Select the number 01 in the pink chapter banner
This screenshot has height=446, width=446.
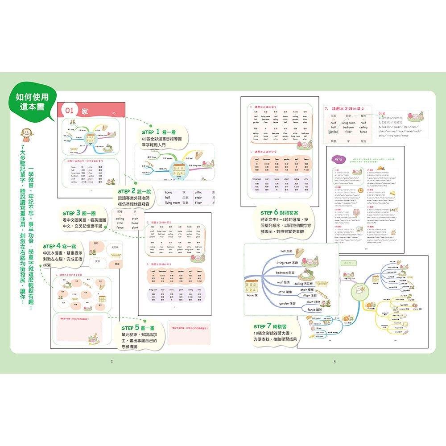(x=70, y=111)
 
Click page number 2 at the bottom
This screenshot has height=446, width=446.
(x=111, y=361)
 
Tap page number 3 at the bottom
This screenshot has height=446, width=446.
(x=334, y=361)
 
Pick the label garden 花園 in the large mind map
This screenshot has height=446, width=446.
(x=291, y=304)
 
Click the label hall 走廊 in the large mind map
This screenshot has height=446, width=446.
(x=289, y=251)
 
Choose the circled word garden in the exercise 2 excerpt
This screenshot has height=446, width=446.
(x=334, y=132)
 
